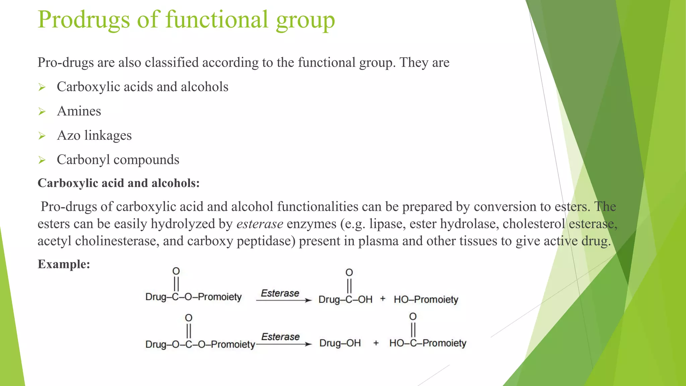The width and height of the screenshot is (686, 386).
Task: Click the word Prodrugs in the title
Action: click(84, 20)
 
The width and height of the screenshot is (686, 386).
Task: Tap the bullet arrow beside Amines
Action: click(42, 112)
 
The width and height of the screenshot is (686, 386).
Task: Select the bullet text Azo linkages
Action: click(94, 135)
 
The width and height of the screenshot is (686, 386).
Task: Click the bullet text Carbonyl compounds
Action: click(118, 160)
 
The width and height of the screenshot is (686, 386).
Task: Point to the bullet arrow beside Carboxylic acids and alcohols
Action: click(42, 87)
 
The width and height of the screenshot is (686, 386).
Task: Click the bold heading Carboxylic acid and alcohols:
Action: click(119, 183)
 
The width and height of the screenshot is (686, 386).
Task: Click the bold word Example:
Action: click(64, 264)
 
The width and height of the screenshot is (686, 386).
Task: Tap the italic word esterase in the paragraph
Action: click(260, 224)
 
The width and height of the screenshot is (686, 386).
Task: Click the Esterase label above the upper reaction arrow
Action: click(280, 293)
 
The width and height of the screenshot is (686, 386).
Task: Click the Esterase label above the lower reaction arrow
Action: click(280, 337)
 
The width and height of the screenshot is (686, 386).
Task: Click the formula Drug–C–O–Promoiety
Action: click(193, 297)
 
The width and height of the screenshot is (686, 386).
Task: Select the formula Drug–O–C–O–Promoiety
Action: click(200, 344)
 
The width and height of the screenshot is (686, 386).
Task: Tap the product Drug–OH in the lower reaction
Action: click(340, 343)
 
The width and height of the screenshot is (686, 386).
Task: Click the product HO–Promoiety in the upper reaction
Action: click(426, 299)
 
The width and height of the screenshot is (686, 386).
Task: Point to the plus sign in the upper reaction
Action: click(383, 299)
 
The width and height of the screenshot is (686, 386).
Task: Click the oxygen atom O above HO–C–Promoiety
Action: click(413, 317)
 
